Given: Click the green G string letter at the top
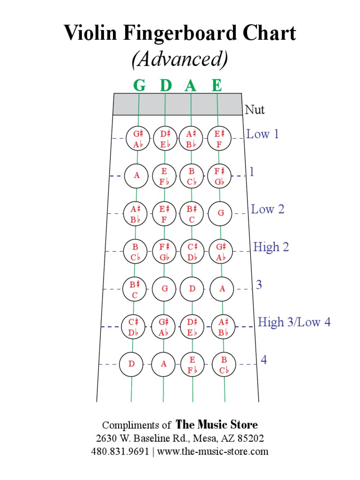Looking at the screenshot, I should (x=139, y=85).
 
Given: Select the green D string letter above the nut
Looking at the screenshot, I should (x=165, y=85).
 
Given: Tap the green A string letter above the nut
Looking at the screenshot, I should (x=190, y=85).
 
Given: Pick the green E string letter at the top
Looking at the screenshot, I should (x=216, y=85).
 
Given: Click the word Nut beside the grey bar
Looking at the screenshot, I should (x=255, y=110).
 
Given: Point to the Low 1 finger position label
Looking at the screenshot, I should (x=262, y=135).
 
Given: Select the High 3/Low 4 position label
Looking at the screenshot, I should (x=294, y=322).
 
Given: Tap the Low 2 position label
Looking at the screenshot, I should (x=268, y=209).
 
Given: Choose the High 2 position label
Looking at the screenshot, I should (x=271, y=247).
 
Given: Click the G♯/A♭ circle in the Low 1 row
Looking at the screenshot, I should (x=137, y=138).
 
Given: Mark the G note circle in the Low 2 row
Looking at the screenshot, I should (x=221, y=213).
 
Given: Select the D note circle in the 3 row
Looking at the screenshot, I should (x=192, y=289).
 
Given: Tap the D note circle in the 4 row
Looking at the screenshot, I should (x=132, y=364).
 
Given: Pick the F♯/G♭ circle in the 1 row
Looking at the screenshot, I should (x=219, y=176).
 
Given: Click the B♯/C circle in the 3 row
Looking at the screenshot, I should (x=134, y=289).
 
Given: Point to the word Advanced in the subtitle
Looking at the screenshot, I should (x=180, y=60).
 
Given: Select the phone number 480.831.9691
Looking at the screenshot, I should (x=120, y=452).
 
